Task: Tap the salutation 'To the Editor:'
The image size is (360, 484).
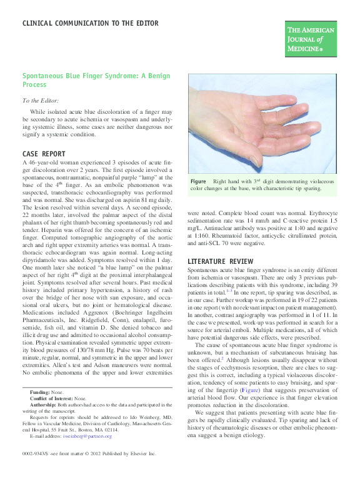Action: [x=41, y=101]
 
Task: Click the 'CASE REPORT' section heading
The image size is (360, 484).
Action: [x=43, y=153]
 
